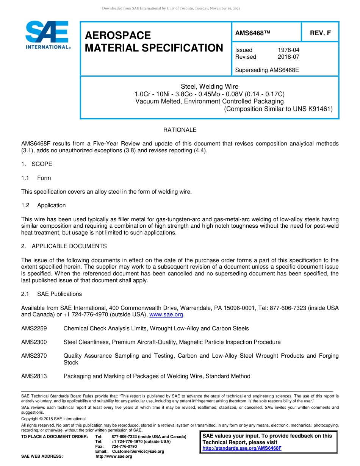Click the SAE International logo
click(47, 35)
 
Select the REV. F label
click(320, 33)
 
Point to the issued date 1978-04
click(288, 50)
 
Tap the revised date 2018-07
click(288, 57)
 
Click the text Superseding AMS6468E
click(267, 70)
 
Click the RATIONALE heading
click(180, 130)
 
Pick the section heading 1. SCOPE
click(37, 164)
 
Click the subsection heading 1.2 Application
click(44, 205)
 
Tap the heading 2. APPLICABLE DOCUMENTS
click(64, 246)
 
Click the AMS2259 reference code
click(34, 328)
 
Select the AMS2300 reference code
click(34, 342)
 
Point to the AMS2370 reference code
click(34, 356)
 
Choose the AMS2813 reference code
click(34, 376)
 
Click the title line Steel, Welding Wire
click(210, 87)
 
